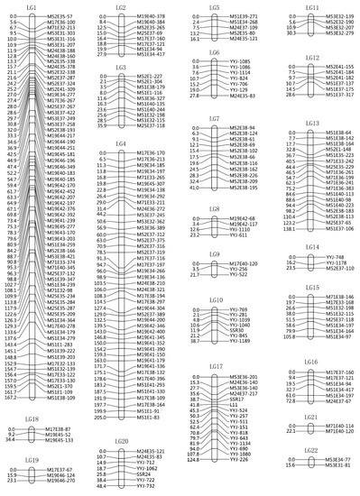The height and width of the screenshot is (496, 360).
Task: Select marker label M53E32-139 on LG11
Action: (x=338, y=16)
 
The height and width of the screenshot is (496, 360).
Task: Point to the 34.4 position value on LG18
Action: (x=12, y=439)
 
